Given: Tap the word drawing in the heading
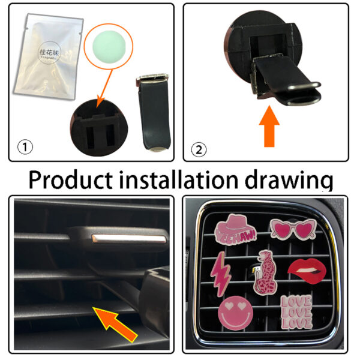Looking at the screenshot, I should pyautogui.click(x=296, y=179).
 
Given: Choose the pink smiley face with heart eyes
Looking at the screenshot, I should pyautogui.click(x=234, y=313).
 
